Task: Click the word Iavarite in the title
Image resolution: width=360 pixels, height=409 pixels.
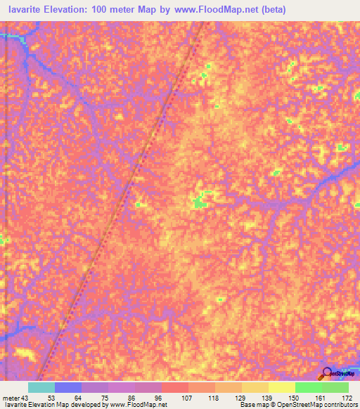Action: coord(22,10)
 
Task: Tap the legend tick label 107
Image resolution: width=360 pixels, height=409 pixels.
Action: coord(187,398)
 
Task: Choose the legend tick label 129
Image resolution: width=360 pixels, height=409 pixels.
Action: coord(241,398)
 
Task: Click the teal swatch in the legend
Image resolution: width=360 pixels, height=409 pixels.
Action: coord(41,387)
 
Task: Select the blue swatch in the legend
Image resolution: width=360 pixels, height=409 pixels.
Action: coord(68,387)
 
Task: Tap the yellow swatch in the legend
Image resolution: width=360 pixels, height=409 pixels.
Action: coord(282,387)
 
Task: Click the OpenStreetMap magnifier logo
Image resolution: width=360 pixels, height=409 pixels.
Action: coord(328,373)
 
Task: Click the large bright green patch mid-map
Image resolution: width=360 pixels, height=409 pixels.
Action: coord(199,203)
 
